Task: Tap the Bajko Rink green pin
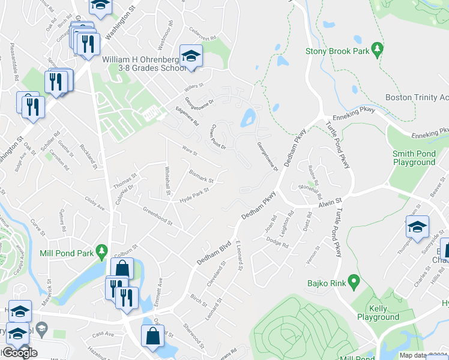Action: click(354, 281)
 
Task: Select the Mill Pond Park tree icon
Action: click(102, 250)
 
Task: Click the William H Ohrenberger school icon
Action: click(191, 56)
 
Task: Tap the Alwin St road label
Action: click(330, 203)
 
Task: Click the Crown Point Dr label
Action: click(218, 137)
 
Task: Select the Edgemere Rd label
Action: click(187, 115)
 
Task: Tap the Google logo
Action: click(20, 353)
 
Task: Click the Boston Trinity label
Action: click(417, 97)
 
